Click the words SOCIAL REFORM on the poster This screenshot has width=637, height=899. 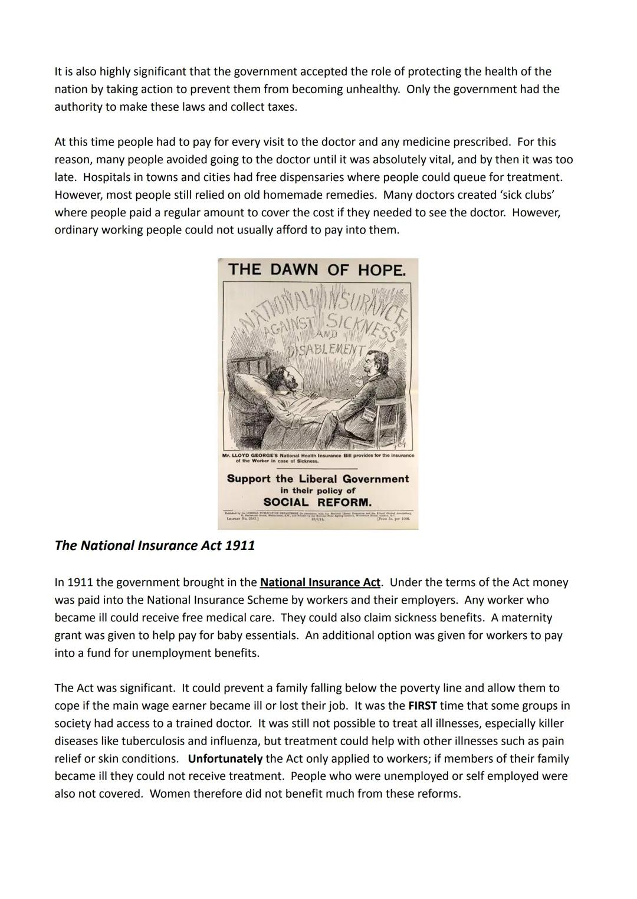coord(317,503)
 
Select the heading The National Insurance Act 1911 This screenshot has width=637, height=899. coord(155,545)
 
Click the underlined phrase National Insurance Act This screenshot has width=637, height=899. coord(320,582)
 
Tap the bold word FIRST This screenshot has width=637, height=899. coord(422,706)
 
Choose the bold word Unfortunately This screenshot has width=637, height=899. coord(225,759)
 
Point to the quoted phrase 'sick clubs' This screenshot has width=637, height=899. coord(523,195)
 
